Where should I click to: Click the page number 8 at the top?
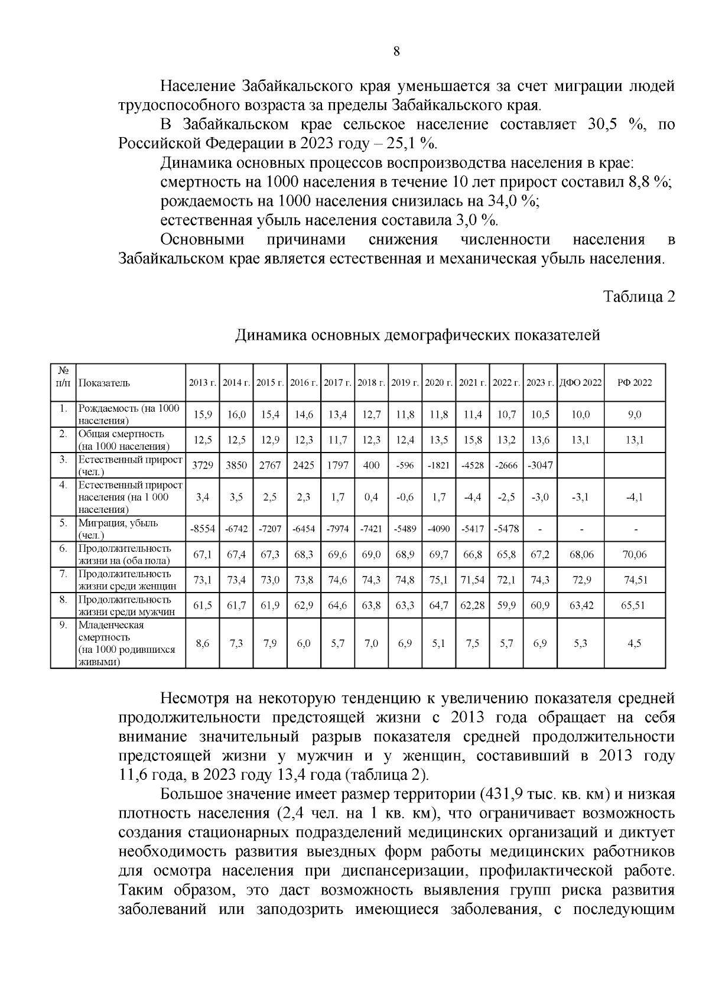[x=396, y=51]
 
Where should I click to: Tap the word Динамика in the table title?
[x=270, y=336]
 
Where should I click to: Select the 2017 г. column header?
[x=337, y=383]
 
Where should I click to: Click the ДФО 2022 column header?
[x=580, y=383]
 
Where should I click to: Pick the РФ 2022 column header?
[x=634, y=383]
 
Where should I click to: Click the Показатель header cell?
[x=104, y=383]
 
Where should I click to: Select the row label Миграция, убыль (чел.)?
[x=118, y=529]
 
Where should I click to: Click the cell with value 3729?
[x=202, y=465]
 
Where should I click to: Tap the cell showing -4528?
[x=472, y=465]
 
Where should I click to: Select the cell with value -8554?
[x=202, y=529]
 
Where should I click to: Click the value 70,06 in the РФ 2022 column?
[x=634, y=555]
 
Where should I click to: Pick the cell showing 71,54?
[x=472, y=580]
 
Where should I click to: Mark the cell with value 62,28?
[x=472, y=606]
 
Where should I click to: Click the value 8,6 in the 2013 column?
[x=202, y=643]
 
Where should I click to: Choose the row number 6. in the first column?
[x=63, y=548]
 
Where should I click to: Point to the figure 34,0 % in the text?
[x=512, y=201]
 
